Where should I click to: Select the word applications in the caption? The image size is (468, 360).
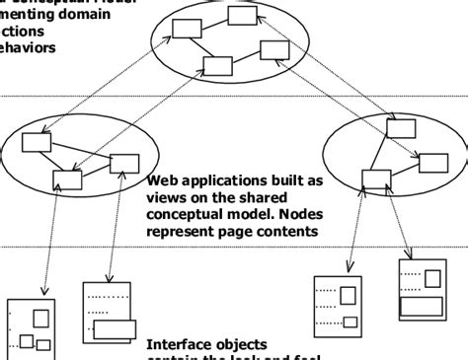[x=230, y=181]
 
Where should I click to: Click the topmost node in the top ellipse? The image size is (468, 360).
[x=240, y=15]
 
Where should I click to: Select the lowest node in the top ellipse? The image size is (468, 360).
[x=216, y=66]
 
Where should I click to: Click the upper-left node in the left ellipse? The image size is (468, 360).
[x=37, y=142]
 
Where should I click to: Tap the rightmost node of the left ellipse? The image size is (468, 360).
[x=124, y=164]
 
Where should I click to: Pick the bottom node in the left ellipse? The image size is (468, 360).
[x=68, y=180]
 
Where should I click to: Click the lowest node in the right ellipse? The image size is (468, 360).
[x=375, y=178]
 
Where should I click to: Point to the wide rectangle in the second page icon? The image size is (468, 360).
[x=117, y=330]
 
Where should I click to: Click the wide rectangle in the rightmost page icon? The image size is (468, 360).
[x=420, y=306]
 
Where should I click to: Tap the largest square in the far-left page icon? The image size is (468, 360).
[x=41, y=318]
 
